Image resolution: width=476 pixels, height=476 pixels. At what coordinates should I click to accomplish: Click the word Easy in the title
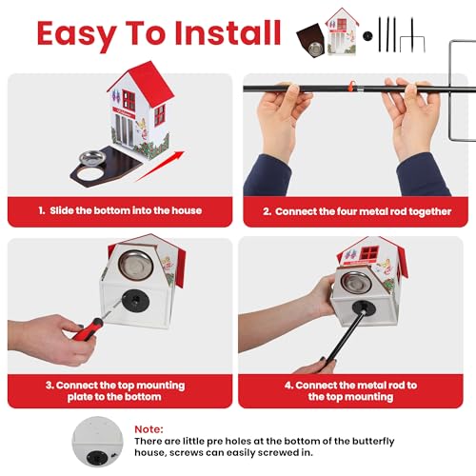76,34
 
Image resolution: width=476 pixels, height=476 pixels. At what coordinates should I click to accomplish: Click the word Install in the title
228,32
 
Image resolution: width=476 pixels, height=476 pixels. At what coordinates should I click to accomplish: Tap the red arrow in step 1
161,167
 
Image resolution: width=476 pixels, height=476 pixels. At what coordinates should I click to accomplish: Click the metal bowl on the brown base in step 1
92,158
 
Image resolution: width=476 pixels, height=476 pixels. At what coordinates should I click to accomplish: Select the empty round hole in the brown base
89,174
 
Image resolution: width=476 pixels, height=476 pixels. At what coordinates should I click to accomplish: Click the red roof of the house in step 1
150,82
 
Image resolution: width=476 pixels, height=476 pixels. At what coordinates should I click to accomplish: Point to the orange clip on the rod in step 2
351,86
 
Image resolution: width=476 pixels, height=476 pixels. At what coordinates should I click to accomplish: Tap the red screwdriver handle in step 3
89,329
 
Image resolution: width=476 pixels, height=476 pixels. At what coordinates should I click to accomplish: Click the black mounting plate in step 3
135,301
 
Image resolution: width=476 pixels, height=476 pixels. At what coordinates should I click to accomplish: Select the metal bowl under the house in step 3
136,265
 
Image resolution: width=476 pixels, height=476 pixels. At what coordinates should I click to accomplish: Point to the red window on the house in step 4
368,253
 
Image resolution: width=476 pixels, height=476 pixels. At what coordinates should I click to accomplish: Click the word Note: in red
149,429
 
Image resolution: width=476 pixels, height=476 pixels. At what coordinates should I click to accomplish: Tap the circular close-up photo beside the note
97,442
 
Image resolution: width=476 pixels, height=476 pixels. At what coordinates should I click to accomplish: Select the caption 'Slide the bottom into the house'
126,210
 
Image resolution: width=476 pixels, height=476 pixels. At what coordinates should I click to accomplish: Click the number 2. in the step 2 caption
267,211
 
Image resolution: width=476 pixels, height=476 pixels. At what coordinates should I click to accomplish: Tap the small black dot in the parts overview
367,35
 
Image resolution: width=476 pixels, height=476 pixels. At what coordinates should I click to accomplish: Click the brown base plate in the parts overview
310,40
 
